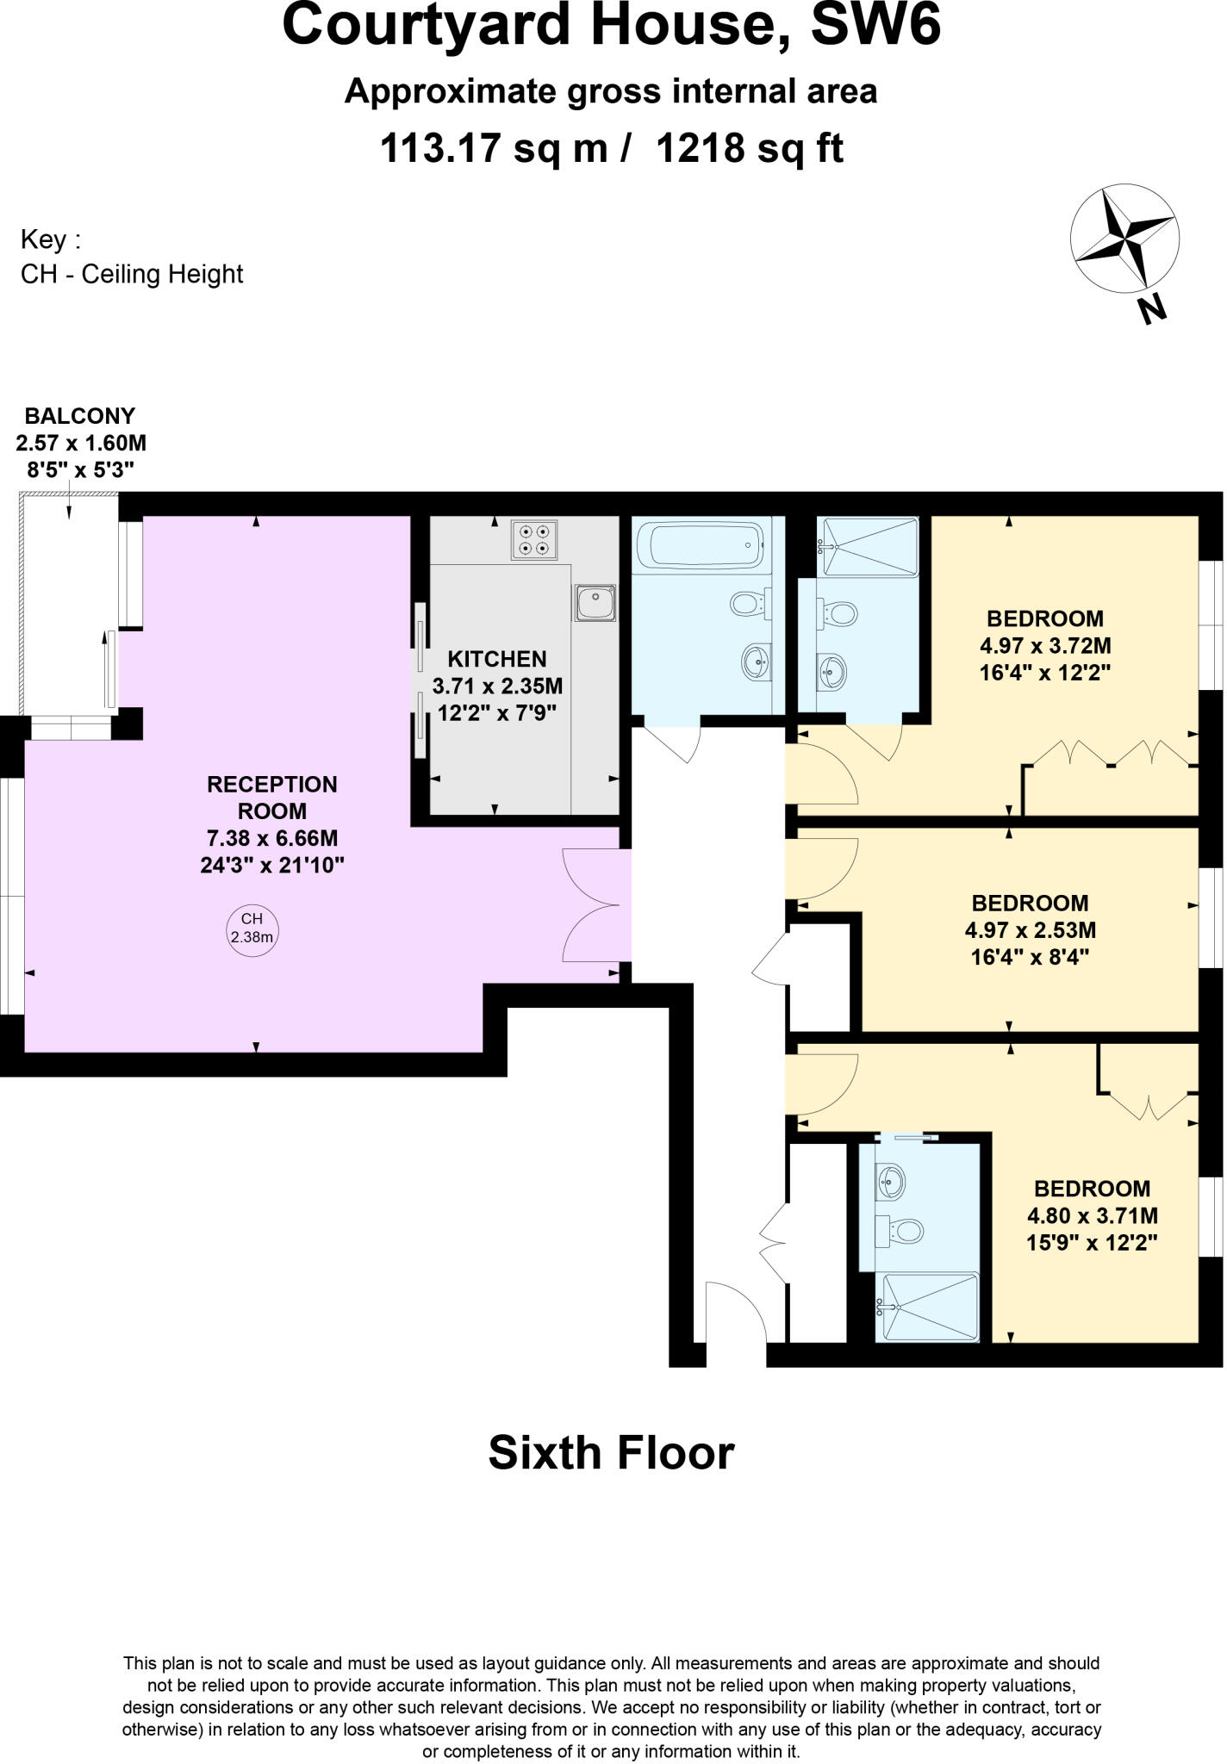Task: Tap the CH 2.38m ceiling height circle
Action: coord(252,928)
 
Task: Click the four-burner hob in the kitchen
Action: coord(533,539)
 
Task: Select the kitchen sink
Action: coord(595,602)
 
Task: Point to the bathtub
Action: coord(699,544)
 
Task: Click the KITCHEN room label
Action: coord(497,659)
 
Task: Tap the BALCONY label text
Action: coord(80,416)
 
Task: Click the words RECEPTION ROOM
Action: coord(272,798)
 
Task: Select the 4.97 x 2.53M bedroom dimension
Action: coord(1030,930)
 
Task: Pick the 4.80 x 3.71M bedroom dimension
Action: coord(1092,1215)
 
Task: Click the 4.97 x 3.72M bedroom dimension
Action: coord(1045,645)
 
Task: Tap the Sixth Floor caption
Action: coord(611,1452)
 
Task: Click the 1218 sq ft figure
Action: coord(750,148)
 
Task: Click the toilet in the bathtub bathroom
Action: coord(747,603)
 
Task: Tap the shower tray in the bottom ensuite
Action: coord(927,1307)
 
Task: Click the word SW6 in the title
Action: coord(875,26)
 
